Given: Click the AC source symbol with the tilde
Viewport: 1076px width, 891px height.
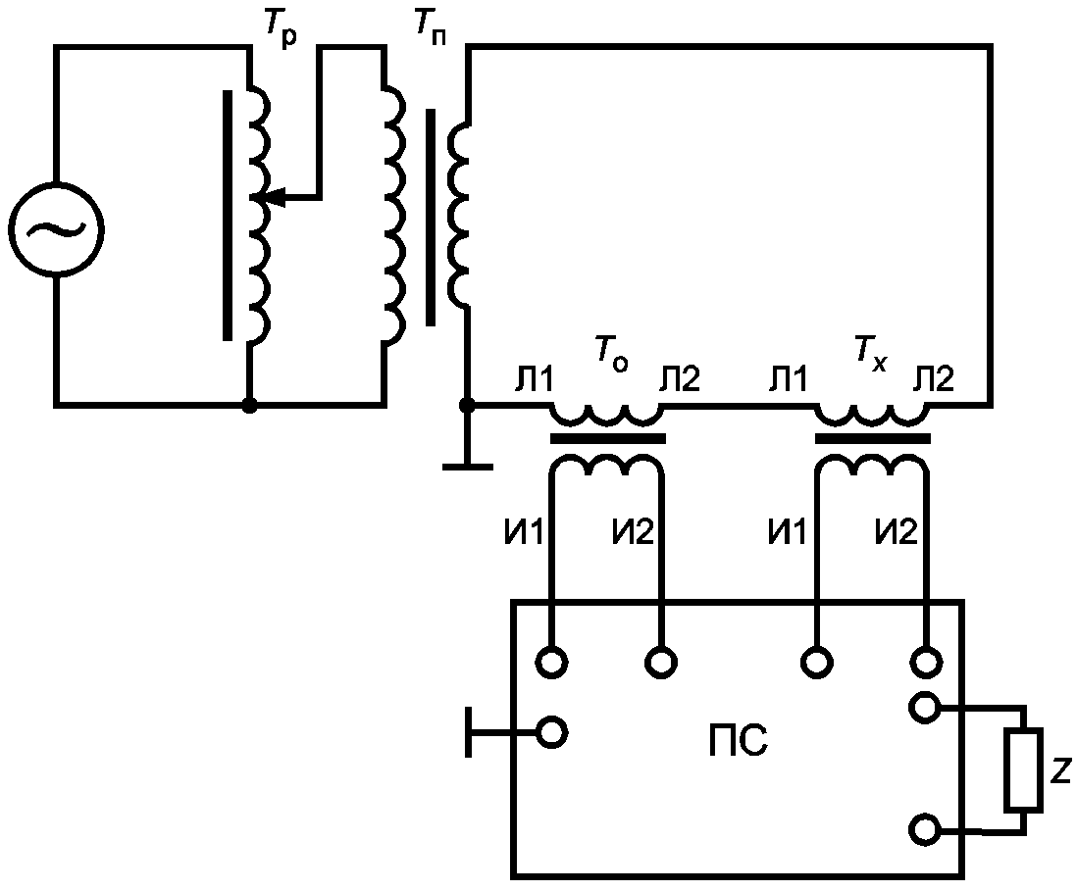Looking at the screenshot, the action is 56,229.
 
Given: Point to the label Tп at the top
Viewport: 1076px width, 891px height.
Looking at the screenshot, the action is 429,27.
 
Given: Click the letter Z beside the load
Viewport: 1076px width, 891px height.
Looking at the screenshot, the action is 1061,772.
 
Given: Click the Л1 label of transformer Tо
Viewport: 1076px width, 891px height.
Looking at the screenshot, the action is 534,379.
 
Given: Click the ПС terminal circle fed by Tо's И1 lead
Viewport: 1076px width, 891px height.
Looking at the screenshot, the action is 551,663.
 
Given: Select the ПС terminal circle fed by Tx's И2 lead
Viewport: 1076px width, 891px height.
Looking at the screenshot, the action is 926,663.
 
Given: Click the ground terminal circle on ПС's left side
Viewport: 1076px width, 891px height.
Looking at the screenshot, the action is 551,732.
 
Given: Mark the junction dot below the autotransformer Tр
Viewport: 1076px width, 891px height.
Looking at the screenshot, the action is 250,406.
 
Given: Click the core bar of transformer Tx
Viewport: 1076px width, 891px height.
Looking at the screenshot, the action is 873,439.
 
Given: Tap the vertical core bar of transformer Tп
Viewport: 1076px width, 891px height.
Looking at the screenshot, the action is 431,217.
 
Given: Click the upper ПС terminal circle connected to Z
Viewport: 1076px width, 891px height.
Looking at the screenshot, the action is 926,707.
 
